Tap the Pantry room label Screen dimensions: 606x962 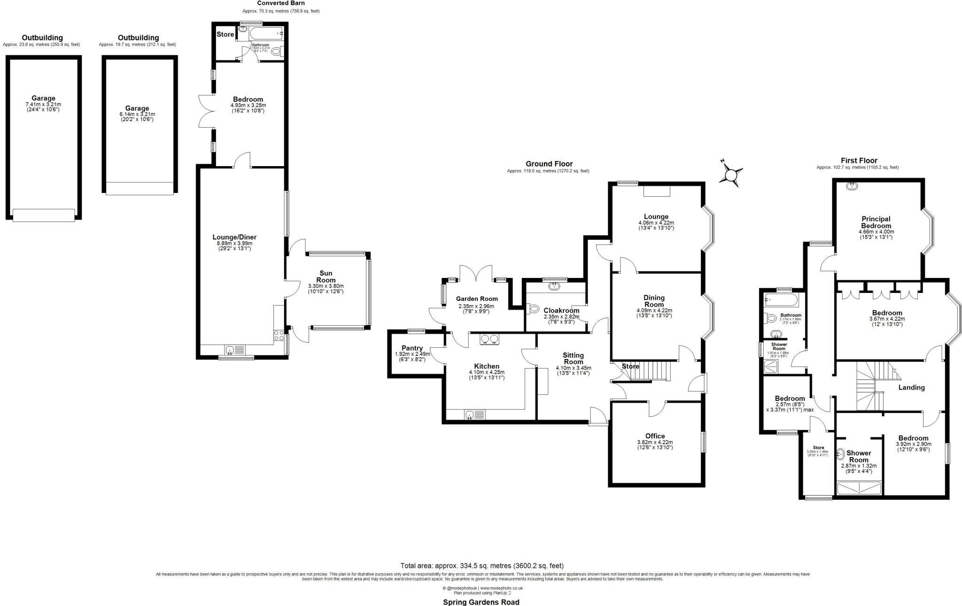[412, 348]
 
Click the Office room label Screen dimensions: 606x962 [655, 436]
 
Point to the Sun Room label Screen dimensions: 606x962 [326, 276]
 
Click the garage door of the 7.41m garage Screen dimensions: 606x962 [43, 215]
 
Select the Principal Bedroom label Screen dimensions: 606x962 [876, 222]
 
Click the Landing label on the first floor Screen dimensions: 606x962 [911, 387]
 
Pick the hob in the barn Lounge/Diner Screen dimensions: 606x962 [279, 335]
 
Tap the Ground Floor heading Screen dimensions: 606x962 [549, 164]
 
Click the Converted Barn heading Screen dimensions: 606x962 [281, 3]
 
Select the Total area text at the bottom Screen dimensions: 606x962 [481, 566]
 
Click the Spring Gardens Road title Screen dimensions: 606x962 [481, 602]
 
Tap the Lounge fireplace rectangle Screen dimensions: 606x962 [657, 191]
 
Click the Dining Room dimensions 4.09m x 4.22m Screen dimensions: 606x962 [654, 310]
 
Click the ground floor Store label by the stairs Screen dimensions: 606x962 [630, 366]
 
